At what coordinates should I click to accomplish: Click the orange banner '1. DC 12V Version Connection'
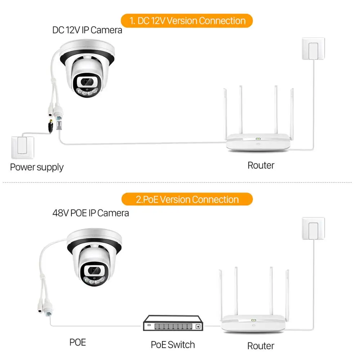186,21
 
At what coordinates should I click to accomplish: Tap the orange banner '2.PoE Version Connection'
187,199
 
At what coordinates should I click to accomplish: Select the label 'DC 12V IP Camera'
87,30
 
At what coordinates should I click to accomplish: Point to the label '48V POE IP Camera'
91,213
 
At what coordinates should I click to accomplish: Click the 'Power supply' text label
37,167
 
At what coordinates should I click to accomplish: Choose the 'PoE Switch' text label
173,345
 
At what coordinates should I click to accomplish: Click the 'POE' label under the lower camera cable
78,342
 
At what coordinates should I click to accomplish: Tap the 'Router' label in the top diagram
261,166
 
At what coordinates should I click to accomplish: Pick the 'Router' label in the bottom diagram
261,346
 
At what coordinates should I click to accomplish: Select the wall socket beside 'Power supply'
23,147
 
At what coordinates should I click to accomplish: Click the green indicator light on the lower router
253,318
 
